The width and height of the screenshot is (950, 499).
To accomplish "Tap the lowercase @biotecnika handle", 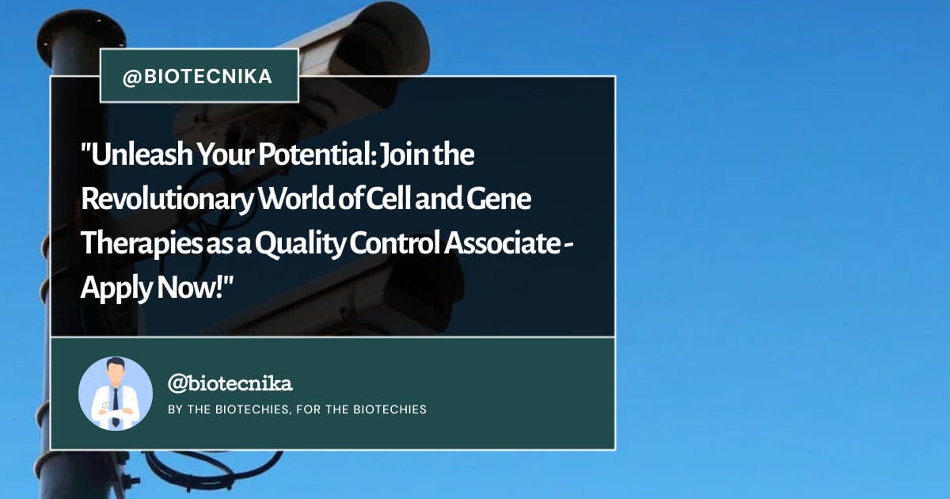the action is pyautogui.click(x=230, y=383).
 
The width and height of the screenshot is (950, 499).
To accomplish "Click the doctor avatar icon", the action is pyautogui.click(x=116, y=394).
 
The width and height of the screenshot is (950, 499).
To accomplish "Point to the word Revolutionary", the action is pyautogui.click(x=167, y=200).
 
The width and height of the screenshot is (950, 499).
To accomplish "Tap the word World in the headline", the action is pyautogui.click(x=296, y=199).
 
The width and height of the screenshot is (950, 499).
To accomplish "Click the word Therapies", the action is pyautogui.click(x=141, y=244).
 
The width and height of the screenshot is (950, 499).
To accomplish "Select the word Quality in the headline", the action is pyautogui.click(x=300, y=245).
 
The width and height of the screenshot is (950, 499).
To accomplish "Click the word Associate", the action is pyautogui.click(x=502, y=244).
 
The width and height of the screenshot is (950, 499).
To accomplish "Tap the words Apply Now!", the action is pyautogui.click(x=152, y=288).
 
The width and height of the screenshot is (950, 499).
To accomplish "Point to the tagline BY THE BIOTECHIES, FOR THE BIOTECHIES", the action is pyautogui.click(x=298, y=409).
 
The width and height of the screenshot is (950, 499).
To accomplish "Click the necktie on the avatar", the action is pyautogui.click(x=116, y=407).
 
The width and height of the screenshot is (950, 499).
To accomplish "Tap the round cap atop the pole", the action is pyautogui.click(x=82, y=37).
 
